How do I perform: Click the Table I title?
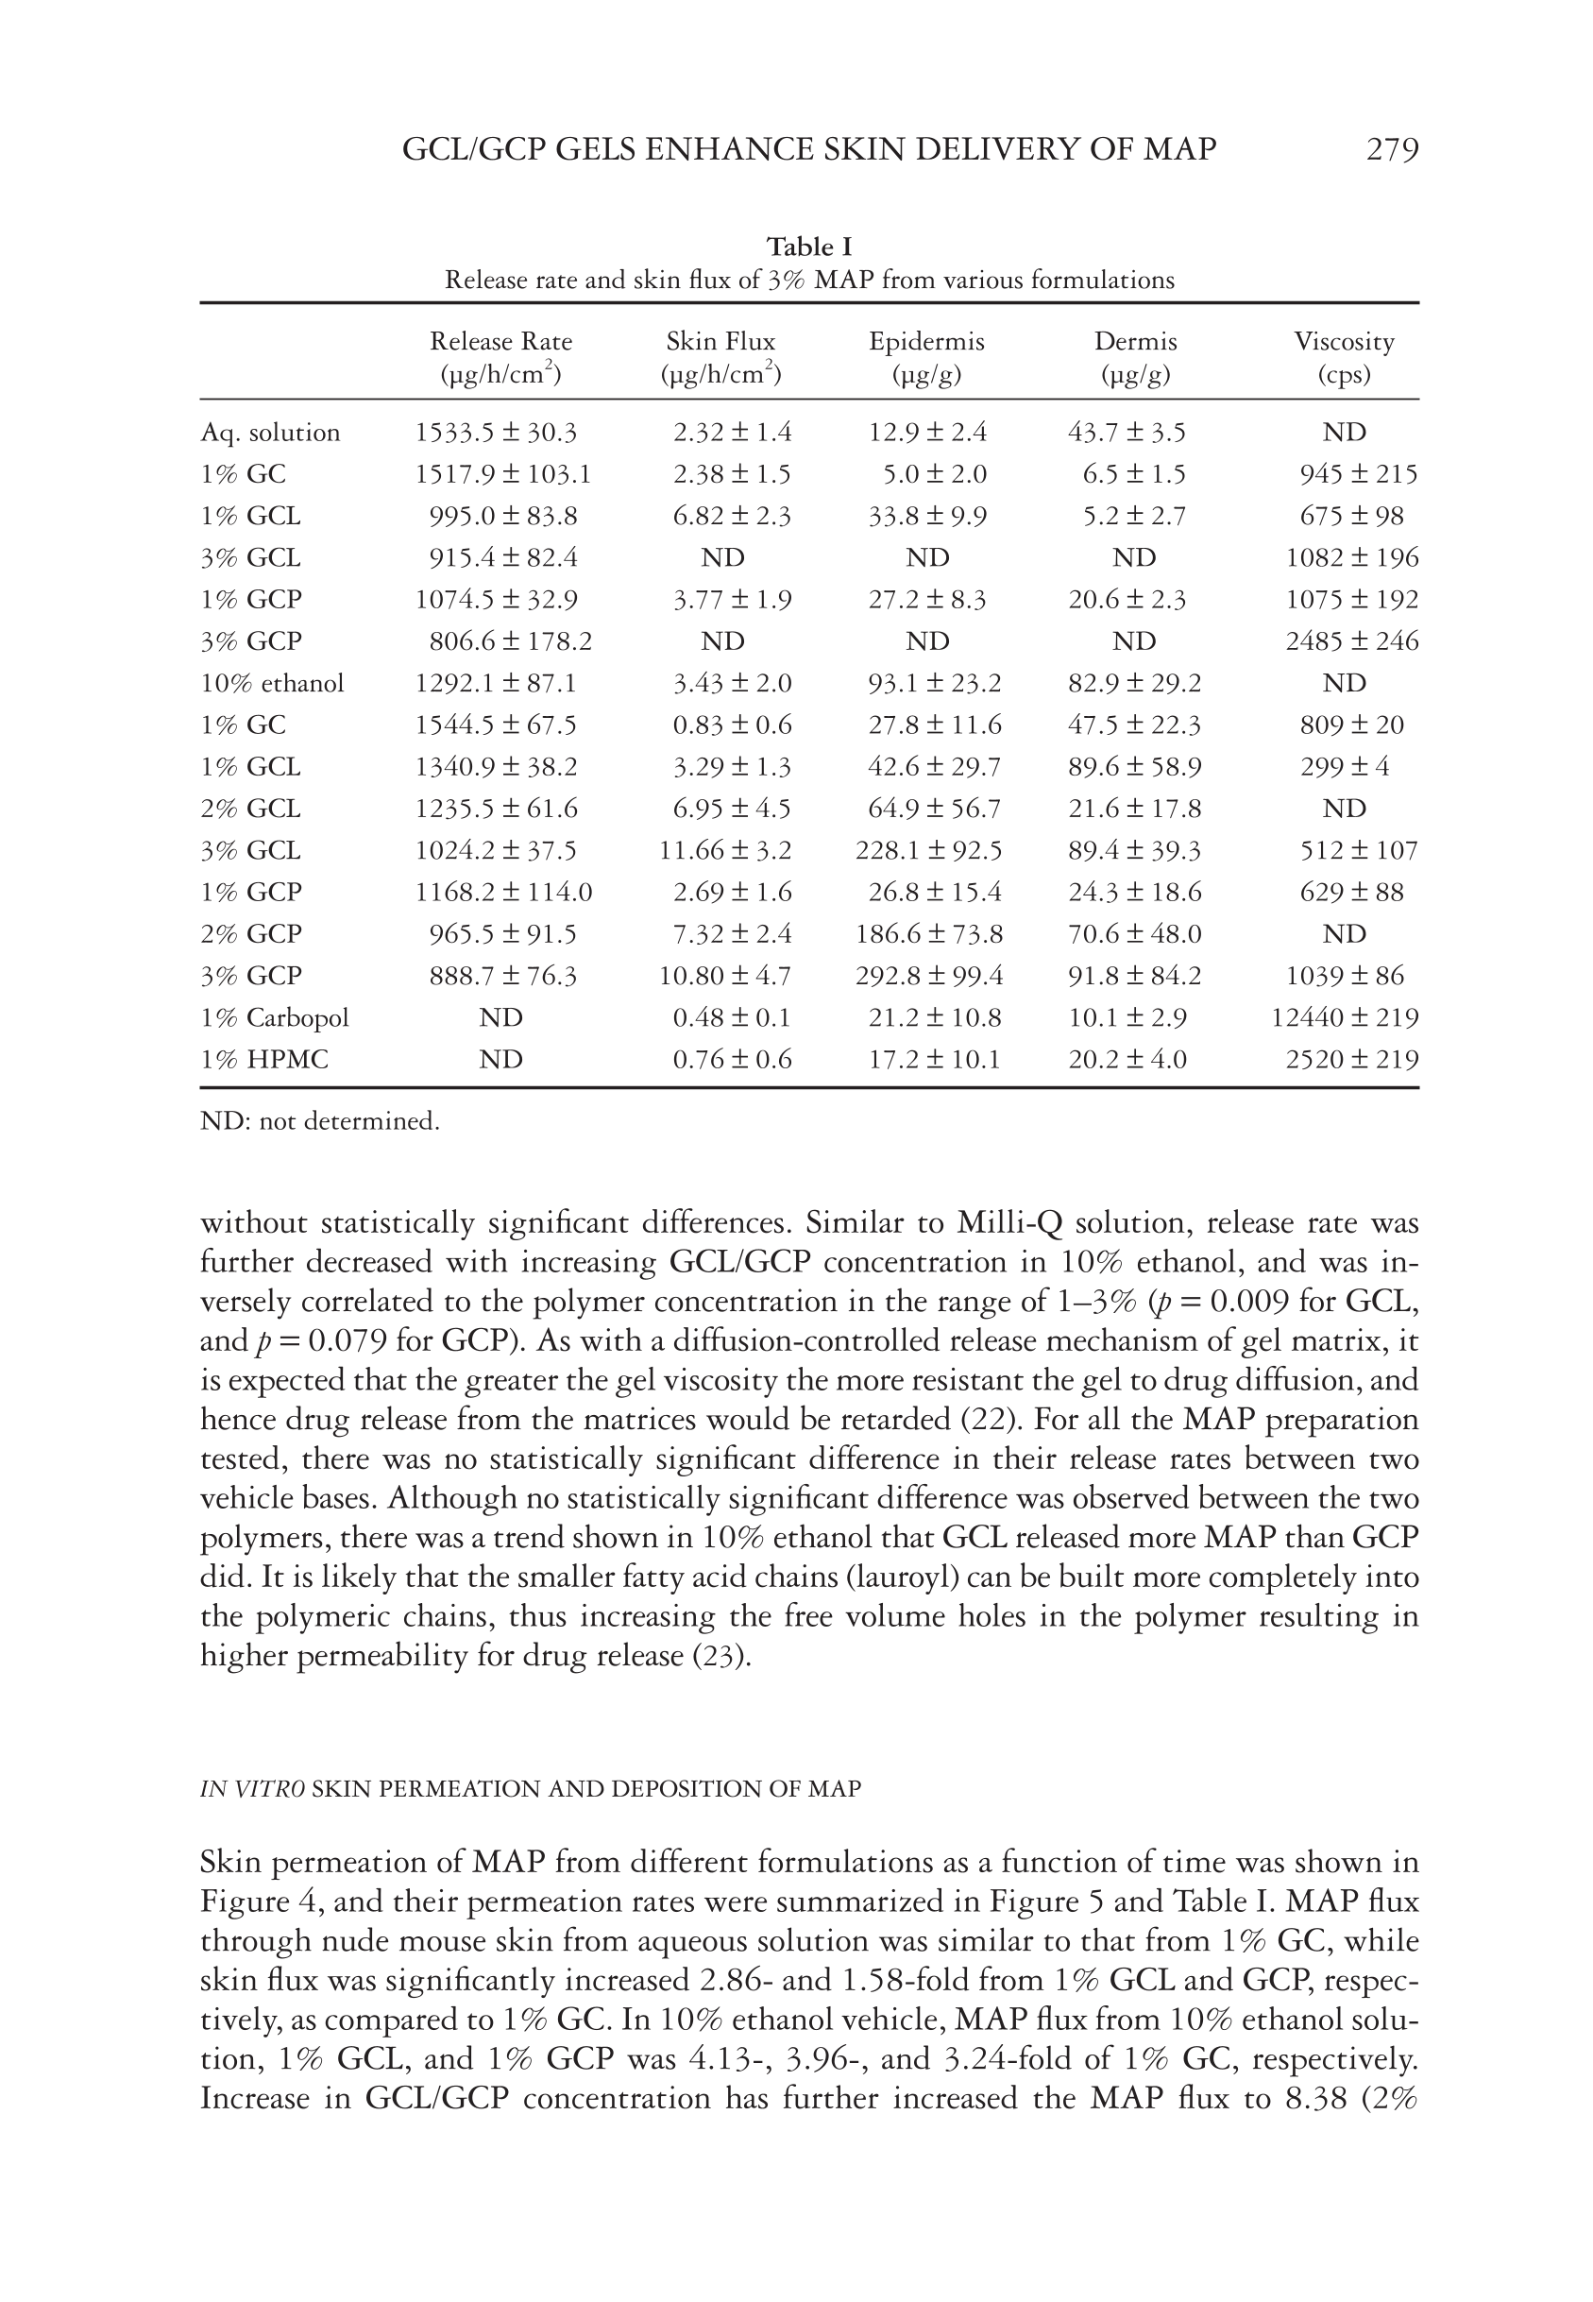pyautogui.click(x=808, y=247)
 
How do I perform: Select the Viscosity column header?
pyautogui.click(x=1344, y=341)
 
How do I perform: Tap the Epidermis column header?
pyautogui.click(x=926, y=341)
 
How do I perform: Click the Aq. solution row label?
pyautogui.click(x=269, y=433)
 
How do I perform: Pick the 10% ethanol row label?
pyautogui.click(x=272, y=683)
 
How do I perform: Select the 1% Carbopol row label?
pyautogui.click(x=275, y=1017)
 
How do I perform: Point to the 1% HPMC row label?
pyautogui.click(x=263, y=1059)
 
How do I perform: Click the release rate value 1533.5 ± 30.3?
pyautogui.click(x=496, y=433)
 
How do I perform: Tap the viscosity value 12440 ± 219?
pyautogui.click(x=1345, y=1017)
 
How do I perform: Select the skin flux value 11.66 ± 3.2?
pyautogui.click(x=724, y=850)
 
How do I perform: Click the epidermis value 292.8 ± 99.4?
pyautogui.click(x=929, y=976)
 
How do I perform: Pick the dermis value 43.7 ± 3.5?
pyautogui.click(x=1127, y=433)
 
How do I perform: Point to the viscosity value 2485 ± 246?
pyautogui.click(x=1351, y=640)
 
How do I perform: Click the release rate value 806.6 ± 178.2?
pyautogui.click(x=510, y=640)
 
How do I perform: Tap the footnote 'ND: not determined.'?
pyautogui.click(x=319, y=1121)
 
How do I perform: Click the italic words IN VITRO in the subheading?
pyautogui.click(x=252, y=1788)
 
